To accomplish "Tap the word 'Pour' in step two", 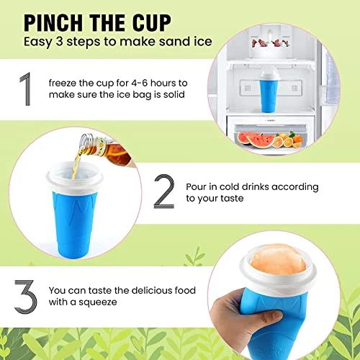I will point(196,186).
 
